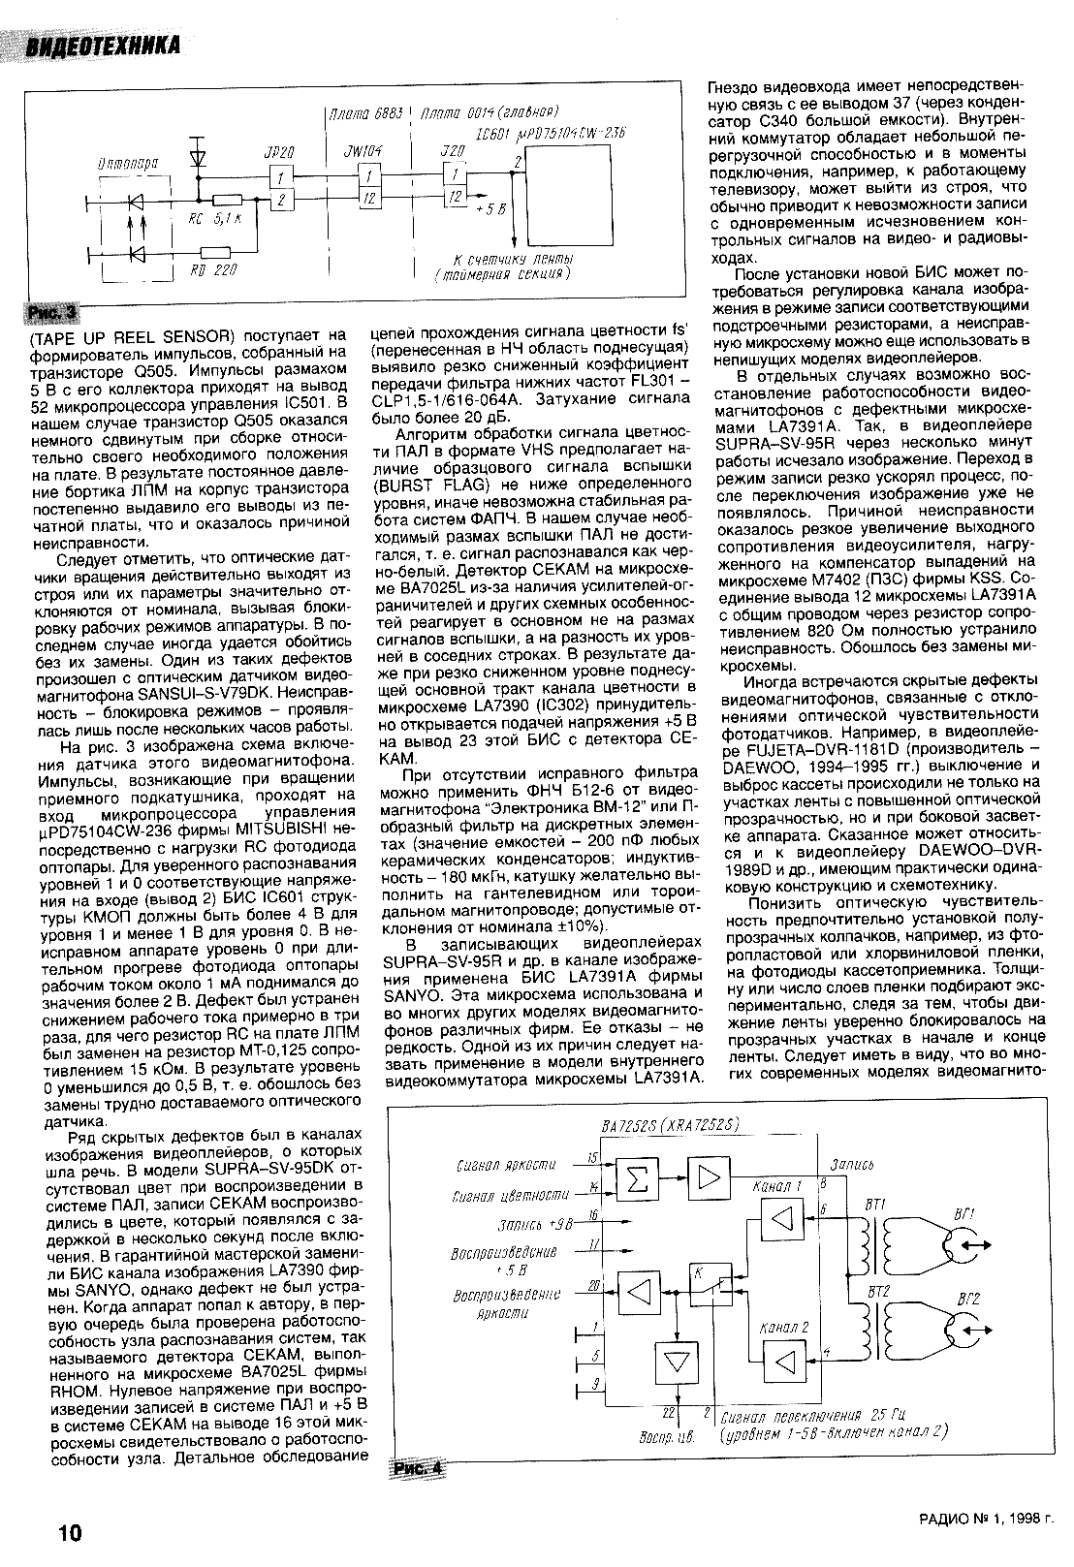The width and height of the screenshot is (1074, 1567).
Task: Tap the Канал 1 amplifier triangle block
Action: (x=777, y=1216)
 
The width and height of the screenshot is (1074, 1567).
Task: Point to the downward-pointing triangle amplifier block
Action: (x=670, y=1362)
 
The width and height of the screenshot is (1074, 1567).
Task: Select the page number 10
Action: (x=70, y=1532)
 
